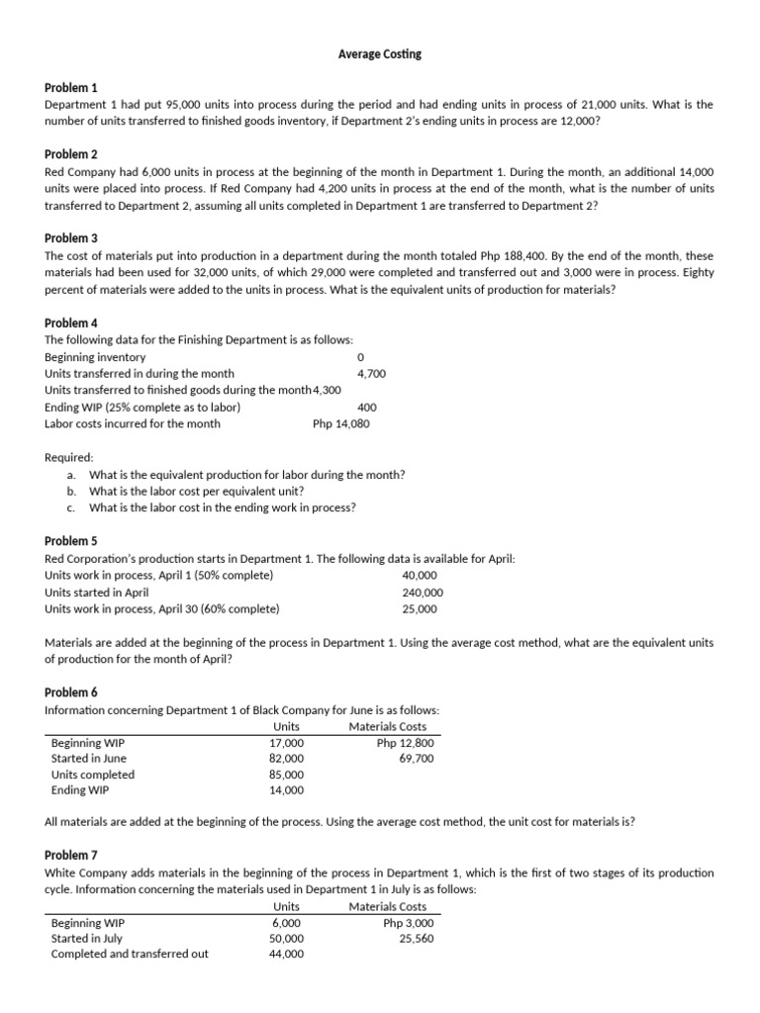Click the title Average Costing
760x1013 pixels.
pyautogui.click(x=380, y=54)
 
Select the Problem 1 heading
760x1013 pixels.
pyautogui.click(x=71, y=88)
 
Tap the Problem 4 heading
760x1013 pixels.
pyautogui.click(x=71, y=323)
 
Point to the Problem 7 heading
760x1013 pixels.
pyautogui.click(x=71, y=854)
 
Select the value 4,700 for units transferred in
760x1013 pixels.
pyautogui.click(x=371, y=373)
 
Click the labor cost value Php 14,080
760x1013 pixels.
pyautogui.click(x=340, y=423)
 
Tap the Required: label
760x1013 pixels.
pyautogui.click(x=69, y=458)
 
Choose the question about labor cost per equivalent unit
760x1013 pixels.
pyautogui.click(x=196, y=492)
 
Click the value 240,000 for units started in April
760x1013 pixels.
pyautogui.click(x=423, y=593)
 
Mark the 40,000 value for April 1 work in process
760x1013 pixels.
pyautogui.click(x=420, y=576)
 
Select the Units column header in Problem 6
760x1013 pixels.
pyautogui.click(x=286, y=727)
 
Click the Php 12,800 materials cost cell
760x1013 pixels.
pyautogui.click(x=405, y=743)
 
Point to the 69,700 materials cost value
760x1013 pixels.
pyautogui.click(x=416, y=759)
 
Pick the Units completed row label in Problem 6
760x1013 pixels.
pyautogui.click(x=93, y=775)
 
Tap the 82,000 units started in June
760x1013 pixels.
pyautogui.click(x=287, y=759)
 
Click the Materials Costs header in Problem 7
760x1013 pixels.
pyautogui.click(x=388, y=906)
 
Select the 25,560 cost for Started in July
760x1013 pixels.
pyautogui.click(x=416, y=938)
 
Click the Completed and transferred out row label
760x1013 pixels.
pyautogui.click(x=130, y=954)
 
